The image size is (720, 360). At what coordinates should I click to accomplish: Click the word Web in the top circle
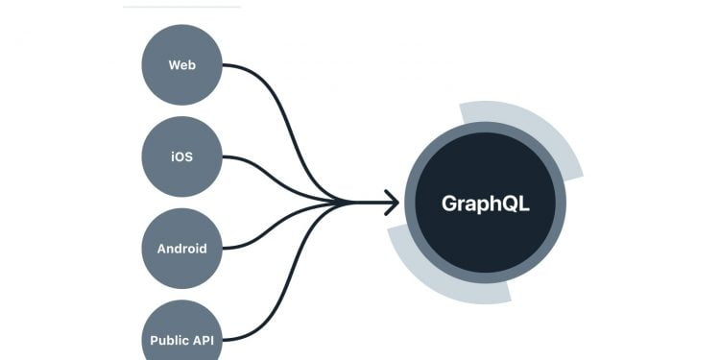point(181,65)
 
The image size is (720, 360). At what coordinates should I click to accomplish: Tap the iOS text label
point(181,156)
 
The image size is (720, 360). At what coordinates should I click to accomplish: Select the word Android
point(181,249)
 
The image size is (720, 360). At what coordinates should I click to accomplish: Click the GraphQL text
point(485,204)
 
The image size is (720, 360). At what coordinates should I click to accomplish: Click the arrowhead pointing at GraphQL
point(390,202)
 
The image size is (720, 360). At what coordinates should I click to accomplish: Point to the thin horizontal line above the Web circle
point(181,7)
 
